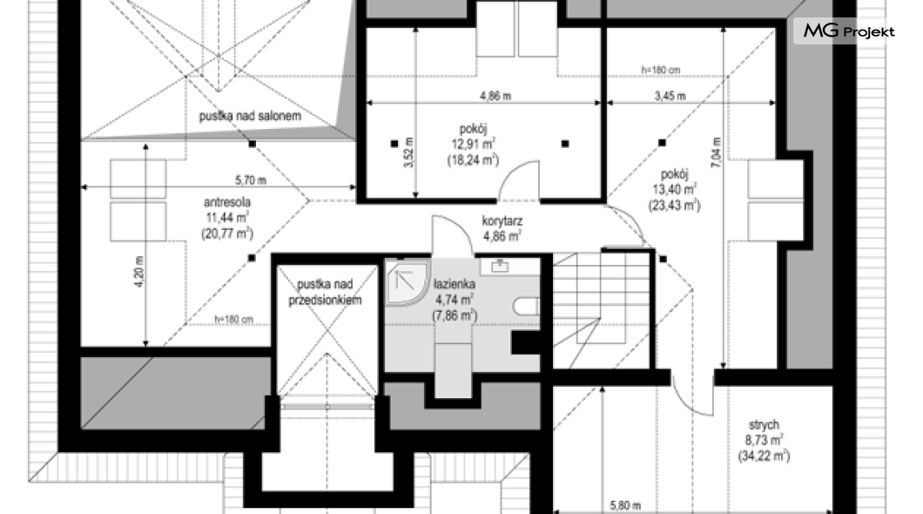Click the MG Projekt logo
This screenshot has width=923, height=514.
point(849,30)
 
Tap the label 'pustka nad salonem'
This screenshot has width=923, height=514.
point(250,116)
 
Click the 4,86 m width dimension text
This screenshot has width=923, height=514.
point(495,95)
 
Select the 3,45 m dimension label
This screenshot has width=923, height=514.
point(670,95)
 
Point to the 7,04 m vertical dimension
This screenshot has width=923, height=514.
point(716,153)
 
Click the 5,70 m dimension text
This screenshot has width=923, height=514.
point(251,180)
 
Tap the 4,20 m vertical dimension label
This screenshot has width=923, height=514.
point(139,272)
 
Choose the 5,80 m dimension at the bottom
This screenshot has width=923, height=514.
point(625,505)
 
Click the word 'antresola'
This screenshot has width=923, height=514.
point(227,202)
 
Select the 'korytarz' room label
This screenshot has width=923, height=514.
point(502,221)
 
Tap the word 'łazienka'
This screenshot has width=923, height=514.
point(455,284)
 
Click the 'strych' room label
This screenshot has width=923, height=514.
point(764,424)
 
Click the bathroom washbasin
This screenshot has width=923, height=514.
point(500,267)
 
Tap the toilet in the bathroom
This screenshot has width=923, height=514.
point(527,307)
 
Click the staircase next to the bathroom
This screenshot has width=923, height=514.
point(602,309)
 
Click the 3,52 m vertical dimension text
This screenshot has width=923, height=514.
point(408,152)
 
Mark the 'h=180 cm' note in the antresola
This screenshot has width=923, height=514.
point(233,320)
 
